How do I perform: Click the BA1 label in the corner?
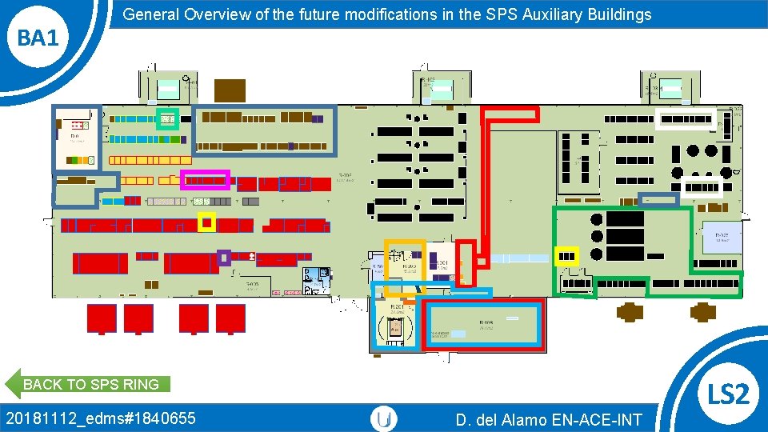(38, 37)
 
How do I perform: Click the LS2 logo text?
(729, 394)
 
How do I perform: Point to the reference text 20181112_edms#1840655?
(100, 418)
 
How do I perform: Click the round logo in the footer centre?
(385, 418)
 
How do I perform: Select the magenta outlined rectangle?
(206, 180)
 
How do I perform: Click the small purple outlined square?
(224, 258)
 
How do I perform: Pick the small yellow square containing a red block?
(206, 222)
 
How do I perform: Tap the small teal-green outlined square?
(167, 118)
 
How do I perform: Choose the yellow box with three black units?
(566, 256)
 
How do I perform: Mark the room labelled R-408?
(484, 326)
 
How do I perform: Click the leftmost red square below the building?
(102, 318)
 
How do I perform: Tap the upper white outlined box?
(685, 118)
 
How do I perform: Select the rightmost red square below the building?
(230, 318)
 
